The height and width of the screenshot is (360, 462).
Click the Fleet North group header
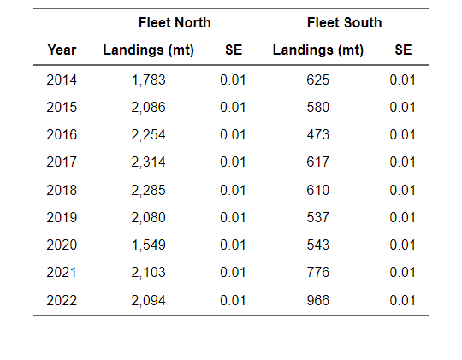175,22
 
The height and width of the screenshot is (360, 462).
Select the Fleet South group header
344,22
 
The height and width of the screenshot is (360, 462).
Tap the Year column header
62,50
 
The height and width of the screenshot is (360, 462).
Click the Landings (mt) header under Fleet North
149,50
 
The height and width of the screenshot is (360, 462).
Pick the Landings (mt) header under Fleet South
318,50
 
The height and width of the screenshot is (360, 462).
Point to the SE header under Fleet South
403,50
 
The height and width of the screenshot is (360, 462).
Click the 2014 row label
62,80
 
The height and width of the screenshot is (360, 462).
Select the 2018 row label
62,190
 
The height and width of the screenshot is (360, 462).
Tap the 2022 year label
62,300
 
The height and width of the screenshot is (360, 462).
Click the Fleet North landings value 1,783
149,80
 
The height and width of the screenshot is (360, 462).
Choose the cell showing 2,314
149,162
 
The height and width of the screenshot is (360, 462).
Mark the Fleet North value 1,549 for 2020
149,245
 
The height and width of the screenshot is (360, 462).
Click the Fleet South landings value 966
318,300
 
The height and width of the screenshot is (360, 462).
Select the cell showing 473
318,135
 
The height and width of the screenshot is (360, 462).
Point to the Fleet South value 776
318,273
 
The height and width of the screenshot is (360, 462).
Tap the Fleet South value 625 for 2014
318,80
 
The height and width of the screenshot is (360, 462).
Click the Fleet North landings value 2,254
149,135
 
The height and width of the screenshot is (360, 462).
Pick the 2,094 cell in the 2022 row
149,300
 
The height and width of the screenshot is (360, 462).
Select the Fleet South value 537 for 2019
318,218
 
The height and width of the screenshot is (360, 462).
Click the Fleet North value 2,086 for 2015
149,108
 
